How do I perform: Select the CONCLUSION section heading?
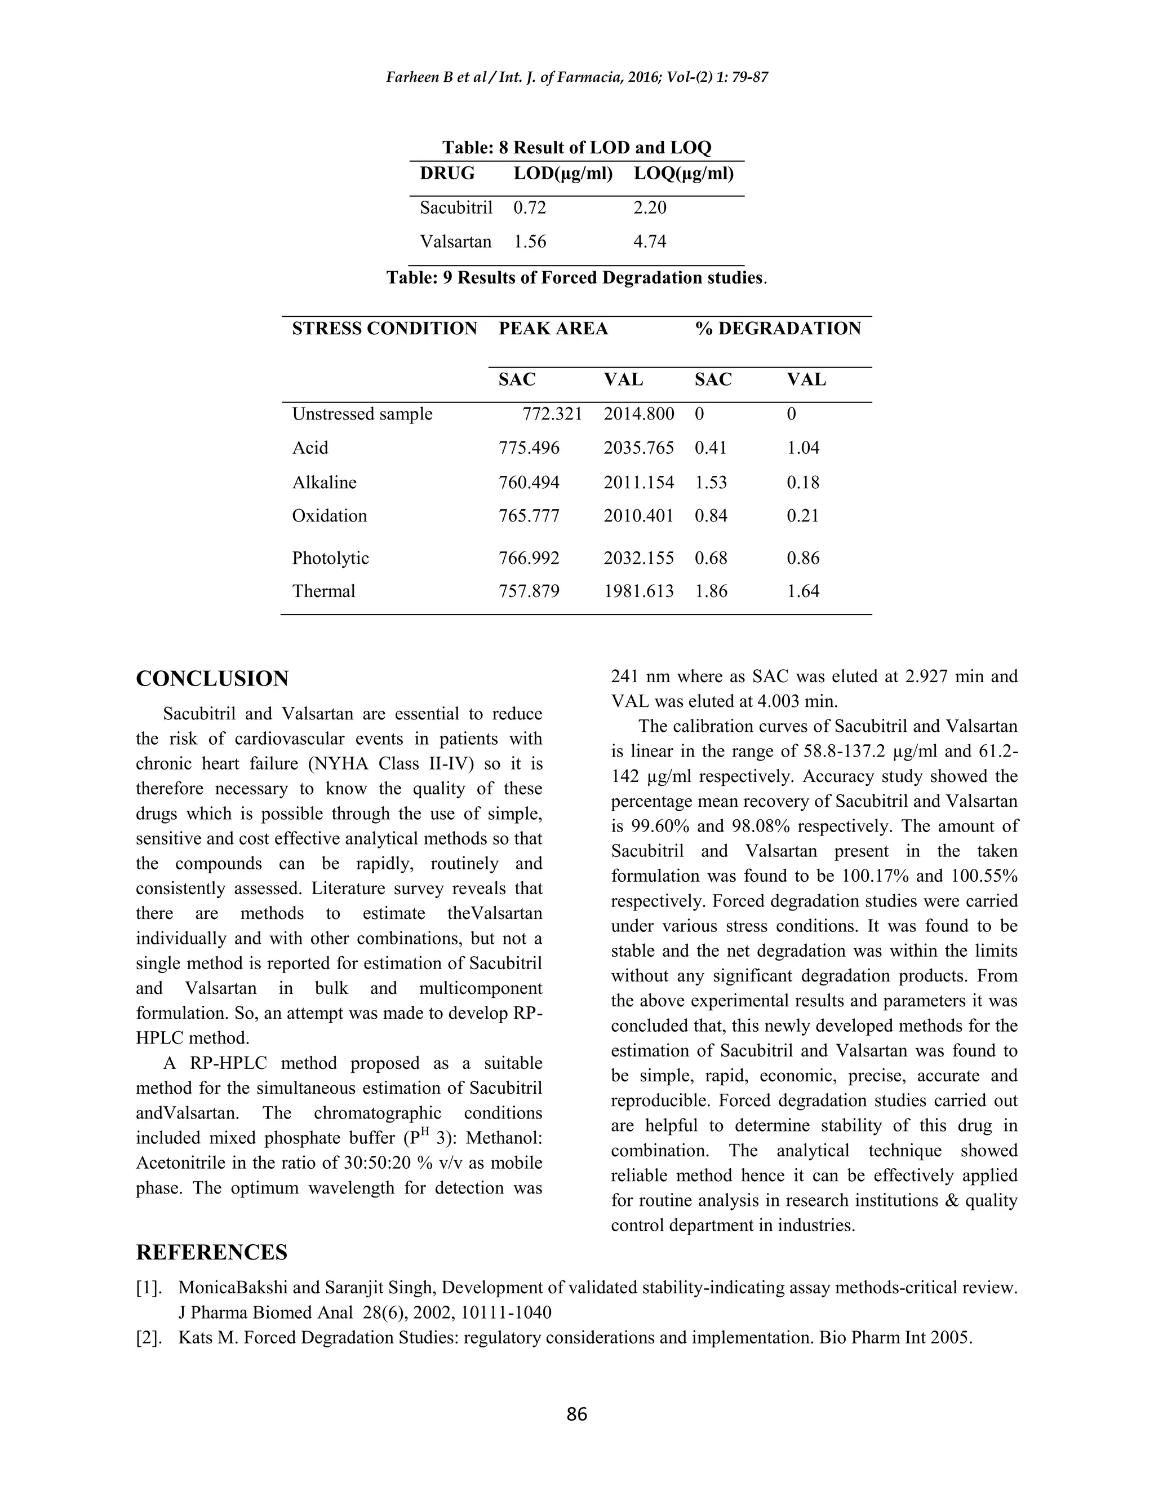pyautogui.click(x=212, y=679)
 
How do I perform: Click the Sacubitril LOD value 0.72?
pyautogui.click(x=530, y=207)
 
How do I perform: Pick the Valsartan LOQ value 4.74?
pyautogui.click(x=650, y=241)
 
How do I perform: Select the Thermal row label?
pyautogui.click(x=323, y=591)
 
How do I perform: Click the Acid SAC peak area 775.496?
pyautogui.click(x=529, y=448)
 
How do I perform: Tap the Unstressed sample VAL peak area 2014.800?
pyautogui.click(x=638, y=414)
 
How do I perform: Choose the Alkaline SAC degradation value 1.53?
pyautogui.click(x=711, y=482)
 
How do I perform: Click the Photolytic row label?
pyautogui.click(x=330, y=558)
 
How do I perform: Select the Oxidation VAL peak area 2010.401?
pyautogui.click(x=638, y=516)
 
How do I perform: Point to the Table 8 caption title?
pyautogui.click(x=576, y=148)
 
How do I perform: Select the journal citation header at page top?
pyautogui.click(x=576, y=77)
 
